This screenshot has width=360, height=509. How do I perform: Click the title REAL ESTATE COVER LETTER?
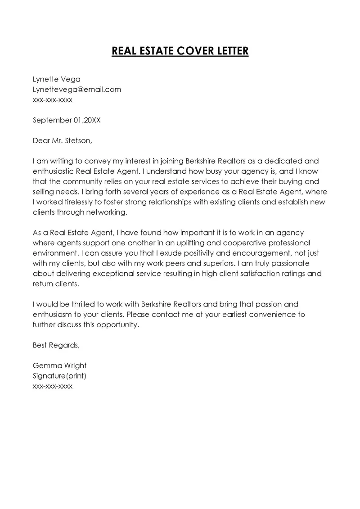[x=180, y=50]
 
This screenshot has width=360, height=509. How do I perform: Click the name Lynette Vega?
[x=57, y=79]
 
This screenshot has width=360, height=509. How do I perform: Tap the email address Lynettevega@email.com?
[x=77, y=89]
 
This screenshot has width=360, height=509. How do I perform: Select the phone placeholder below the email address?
[x=53, y=99]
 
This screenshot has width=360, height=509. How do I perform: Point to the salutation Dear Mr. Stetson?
[x=62, y=140]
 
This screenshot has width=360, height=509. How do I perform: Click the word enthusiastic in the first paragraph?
[x=54, y=171]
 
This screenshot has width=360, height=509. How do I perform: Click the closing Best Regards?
[x=56, y=345]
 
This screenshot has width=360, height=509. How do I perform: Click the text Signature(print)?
[x=59, y=376]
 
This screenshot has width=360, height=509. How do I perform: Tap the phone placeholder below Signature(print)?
[x=53, y=386]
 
